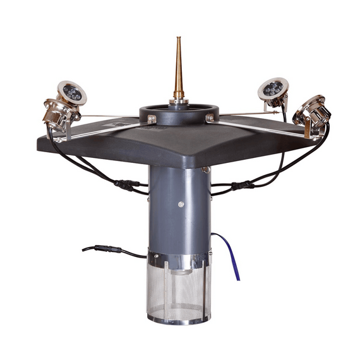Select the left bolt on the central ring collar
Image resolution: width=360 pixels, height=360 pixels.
pos(152,119)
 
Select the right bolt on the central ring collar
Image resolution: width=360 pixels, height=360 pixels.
pos(209,118)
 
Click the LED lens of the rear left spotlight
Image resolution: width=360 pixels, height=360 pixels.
pos(72,93)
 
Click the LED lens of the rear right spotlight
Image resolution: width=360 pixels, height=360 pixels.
pos(273,88)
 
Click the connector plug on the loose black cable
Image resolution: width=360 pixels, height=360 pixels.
pos(107,249)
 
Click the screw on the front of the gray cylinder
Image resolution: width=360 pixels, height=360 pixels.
pos(181,204)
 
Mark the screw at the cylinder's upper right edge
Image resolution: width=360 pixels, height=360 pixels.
pos(206,169)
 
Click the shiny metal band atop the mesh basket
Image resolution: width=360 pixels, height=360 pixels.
pos(179,261)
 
